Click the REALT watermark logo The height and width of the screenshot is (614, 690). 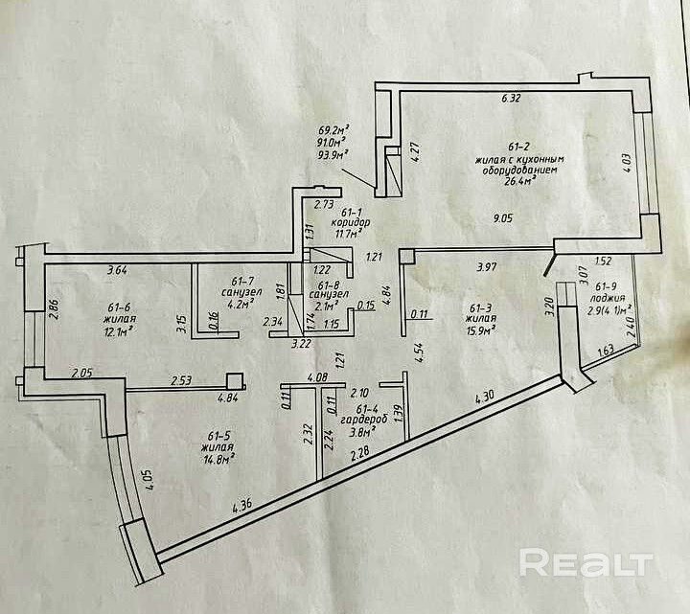click(581, 563)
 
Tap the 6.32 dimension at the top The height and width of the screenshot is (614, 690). click(510, 98)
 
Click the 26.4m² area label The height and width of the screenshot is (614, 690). click(510, 179)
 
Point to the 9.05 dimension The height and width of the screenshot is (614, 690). click(502, 217)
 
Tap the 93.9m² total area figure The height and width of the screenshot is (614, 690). click(333, 153)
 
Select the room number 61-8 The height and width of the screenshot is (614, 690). click(330, 283)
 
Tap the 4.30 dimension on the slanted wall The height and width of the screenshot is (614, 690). click(486, 396)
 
